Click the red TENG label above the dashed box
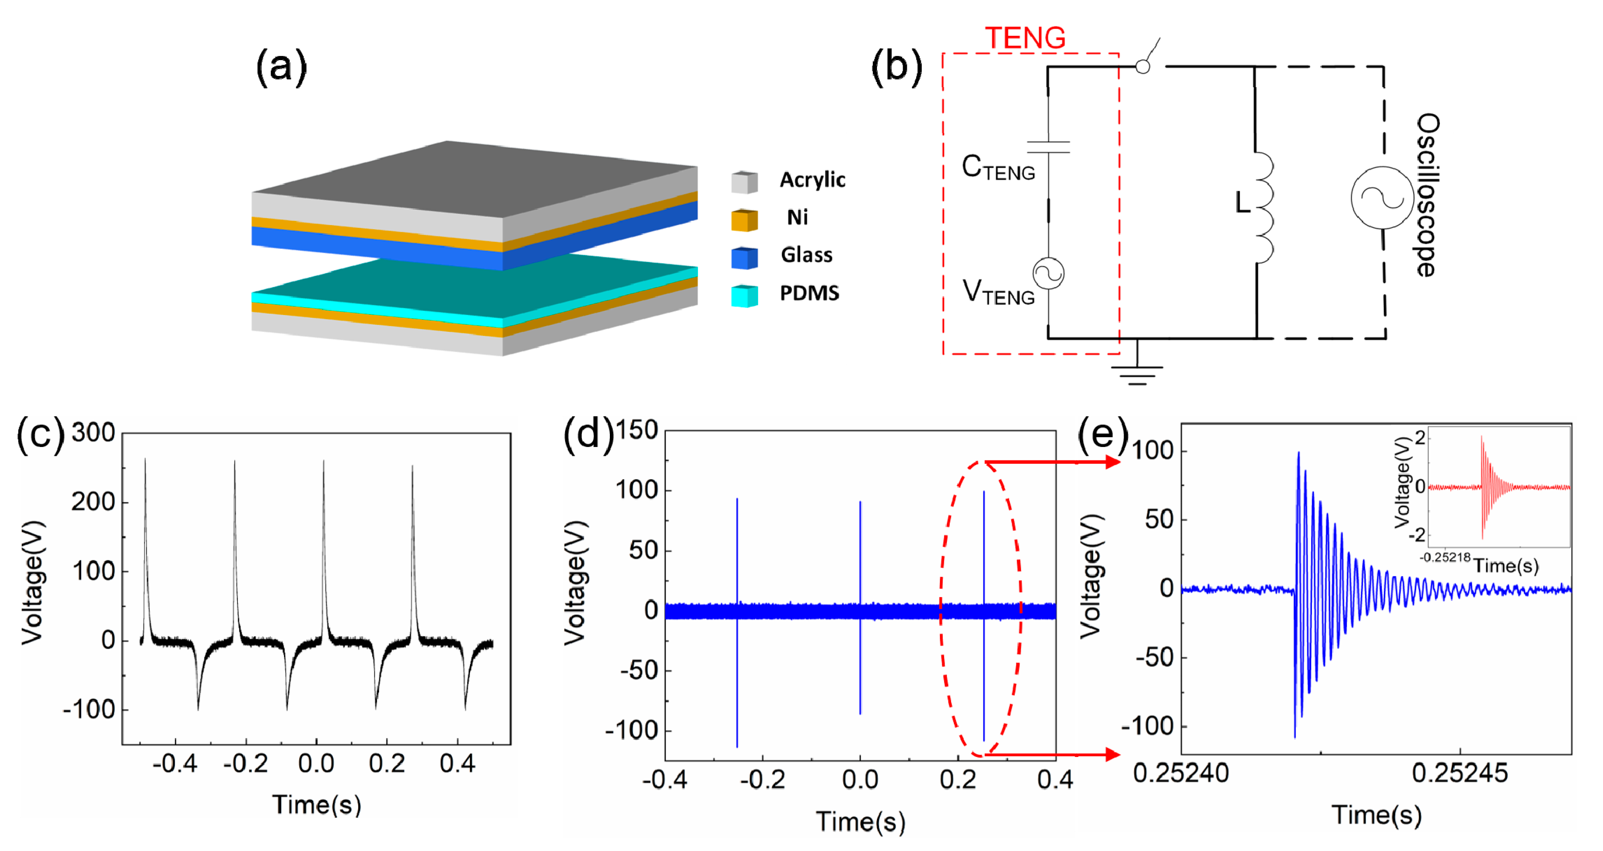(x=1025, y=39)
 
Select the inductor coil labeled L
(x=1263, y=207)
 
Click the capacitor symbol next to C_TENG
(x=1048, y=147)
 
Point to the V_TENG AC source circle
(x=1048, y=273)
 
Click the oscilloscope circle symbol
(x=1382, y=198)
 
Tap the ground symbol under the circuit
(x=1137, y=375)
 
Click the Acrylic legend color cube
(x=744, y=182)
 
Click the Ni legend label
(x=797, y=218)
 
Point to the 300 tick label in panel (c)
(x=93, y=433)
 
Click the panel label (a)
(x=281, y=67)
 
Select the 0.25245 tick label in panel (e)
(x=1460, y=773)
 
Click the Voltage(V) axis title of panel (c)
(x=32, y=582)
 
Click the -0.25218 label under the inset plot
(x=1444, y=557)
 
